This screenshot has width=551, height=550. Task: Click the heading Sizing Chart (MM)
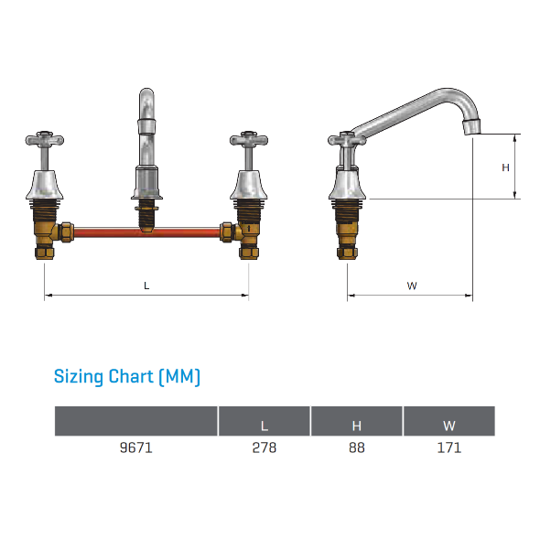coord(127,377)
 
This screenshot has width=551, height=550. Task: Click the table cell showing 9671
coord(136,448)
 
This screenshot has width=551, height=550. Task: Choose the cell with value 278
coord(265,448)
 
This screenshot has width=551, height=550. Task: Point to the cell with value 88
coord(357,448)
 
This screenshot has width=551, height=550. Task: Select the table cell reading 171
coord(449,448)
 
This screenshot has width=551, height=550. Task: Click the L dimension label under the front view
coord(146,286)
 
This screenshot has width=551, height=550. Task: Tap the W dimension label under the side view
coord(412,286)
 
